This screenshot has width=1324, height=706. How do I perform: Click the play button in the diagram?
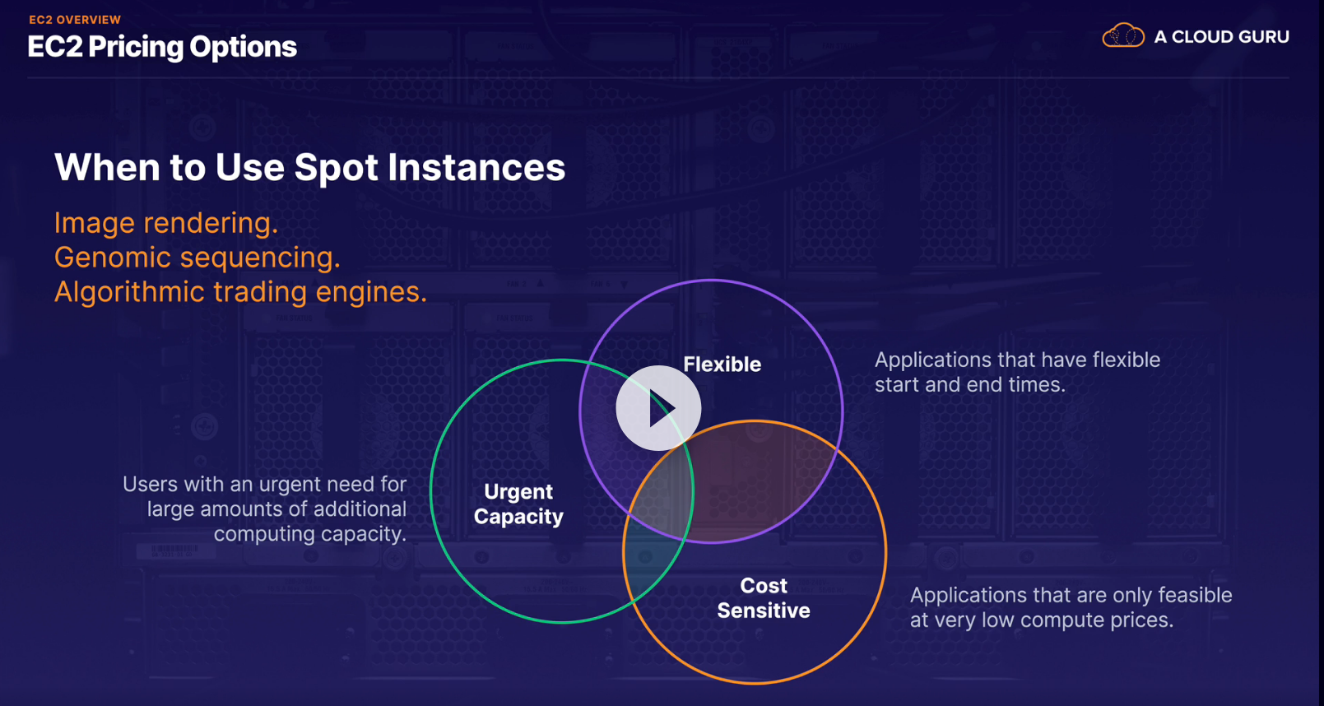[658, 408]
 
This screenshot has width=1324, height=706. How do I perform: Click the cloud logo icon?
[1122, 36]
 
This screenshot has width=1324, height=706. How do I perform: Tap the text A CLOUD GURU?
[1221, 37]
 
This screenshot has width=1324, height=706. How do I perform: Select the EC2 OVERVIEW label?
[75, 20]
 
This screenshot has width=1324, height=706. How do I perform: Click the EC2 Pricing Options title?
[162, 47]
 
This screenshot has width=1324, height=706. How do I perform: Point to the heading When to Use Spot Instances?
[309, 167]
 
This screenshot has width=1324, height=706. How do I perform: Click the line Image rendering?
[166, 223]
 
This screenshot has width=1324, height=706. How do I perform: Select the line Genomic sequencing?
[197, 258]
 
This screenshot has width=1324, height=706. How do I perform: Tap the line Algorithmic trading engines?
[240, 292]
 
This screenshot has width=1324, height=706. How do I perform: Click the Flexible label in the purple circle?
[722, 365]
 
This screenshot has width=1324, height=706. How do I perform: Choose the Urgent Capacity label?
[518, 504]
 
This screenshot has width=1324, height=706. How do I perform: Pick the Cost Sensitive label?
[764, 598]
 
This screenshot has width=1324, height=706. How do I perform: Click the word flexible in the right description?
[1122, 360]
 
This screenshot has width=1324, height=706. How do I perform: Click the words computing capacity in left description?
[310, 534]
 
